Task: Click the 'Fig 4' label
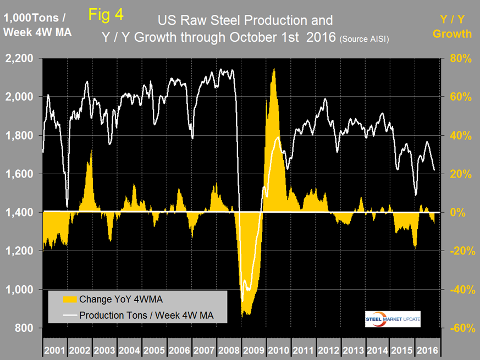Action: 106,15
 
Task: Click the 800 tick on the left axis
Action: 25,328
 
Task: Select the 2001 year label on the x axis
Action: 54,350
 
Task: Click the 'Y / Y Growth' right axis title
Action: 451,27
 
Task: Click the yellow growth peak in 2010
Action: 273,70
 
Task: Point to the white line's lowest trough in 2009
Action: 242,301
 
